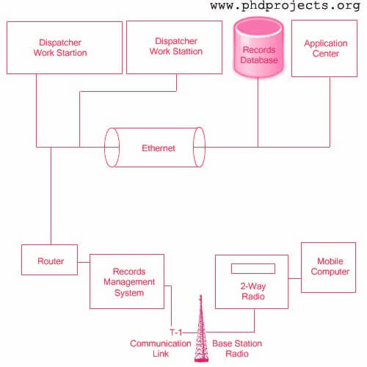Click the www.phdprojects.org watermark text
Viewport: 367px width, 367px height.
coord(285,6)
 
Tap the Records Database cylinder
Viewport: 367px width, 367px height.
coord(258,47)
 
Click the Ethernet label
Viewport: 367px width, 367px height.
coord(159,148)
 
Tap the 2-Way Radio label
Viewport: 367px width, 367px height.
coord(253,291)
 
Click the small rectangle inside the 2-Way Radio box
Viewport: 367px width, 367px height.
coord(253,269)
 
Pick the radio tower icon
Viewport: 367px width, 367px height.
coord(201,328)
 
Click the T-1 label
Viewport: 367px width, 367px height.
coord(175,333)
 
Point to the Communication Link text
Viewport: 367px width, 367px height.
coord(161,349)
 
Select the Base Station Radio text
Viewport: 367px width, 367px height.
coord(237,349)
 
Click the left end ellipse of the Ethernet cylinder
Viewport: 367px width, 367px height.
coord(105,148)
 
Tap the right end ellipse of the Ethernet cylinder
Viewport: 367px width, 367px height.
coord(205,148)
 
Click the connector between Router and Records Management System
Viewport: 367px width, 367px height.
coord(84,262)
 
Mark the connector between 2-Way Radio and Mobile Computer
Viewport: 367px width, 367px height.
coord(294,278)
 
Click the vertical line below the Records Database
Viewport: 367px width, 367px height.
coord(258,112)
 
